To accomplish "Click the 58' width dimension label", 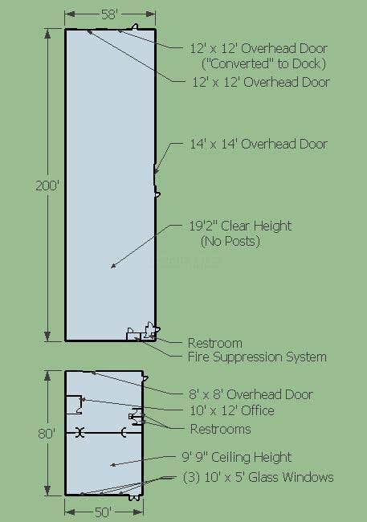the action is point(109,14).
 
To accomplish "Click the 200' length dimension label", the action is point(47,186).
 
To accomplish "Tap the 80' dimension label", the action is point(47,434).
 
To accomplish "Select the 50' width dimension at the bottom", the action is point(104,512).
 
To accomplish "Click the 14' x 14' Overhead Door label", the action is point(259,144).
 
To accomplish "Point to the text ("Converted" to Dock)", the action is point(263,63).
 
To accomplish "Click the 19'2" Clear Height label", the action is point(240,226).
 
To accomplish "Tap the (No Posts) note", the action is point(230,242).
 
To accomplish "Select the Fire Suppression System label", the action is point(257,357).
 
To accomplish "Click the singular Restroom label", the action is point(215,343).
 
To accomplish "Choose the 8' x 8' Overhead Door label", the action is point(251,394).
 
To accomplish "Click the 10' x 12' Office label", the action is point(232,410).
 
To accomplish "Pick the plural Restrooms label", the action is point(221,429).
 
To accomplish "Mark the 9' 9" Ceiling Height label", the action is point(237,457).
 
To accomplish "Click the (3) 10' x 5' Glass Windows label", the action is point(259,477).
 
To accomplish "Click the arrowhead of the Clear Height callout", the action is point(113,266).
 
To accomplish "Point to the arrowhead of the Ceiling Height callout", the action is point(113,465).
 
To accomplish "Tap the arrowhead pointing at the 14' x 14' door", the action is point(156,171).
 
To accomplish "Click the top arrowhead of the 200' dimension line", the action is point(47,34).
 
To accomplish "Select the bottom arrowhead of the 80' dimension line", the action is point(47,491).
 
